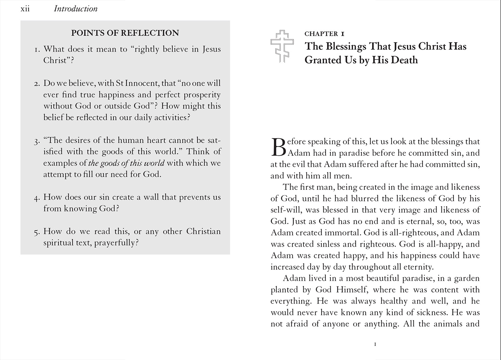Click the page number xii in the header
25,9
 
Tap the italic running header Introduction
75,9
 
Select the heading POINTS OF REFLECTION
125,33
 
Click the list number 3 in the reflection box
36,141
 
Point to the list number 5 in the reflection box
36,232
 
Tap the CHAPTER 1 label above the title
324,34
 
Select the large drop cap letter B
278,147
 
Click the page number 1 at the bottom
375,344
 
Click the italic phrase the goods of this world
126,163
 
